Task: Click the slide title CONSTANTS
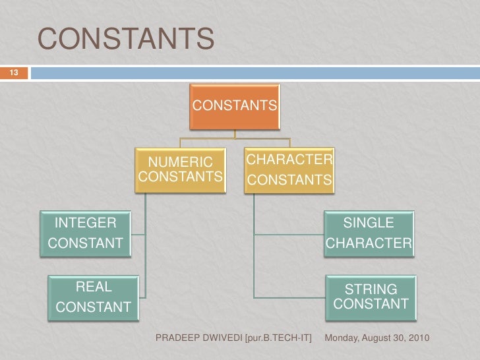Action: [126, 39]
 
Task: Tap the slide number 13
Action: [13, 72]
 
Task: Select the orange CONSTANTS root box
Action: [235, 105]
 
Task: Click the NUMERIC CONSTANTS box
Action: [180, 170]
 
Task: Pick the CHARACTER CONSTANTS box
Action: [289, 170]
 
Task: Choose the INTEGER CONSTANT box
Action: [85, 233]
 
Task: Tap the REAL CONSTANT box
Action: [93, 297]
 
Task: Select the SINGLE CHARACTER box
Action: [369, 233]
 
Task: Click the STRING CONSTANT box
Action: [371, 297]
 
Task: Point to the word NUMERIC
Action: [180, 162]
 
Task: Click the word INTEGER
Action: [85, 222]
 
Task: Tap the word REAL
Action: [94, 287]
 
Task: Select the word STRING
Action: [371, 289]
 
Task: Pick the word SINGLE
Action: [369, 223]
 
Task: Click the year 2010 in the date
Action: [417, 338]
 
